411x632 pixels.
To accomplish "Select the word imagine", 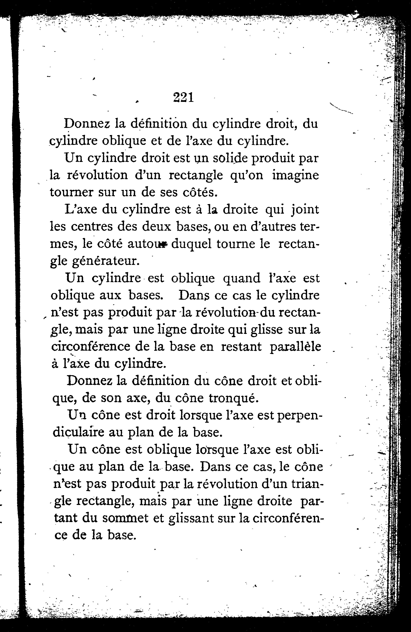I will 295,176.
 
